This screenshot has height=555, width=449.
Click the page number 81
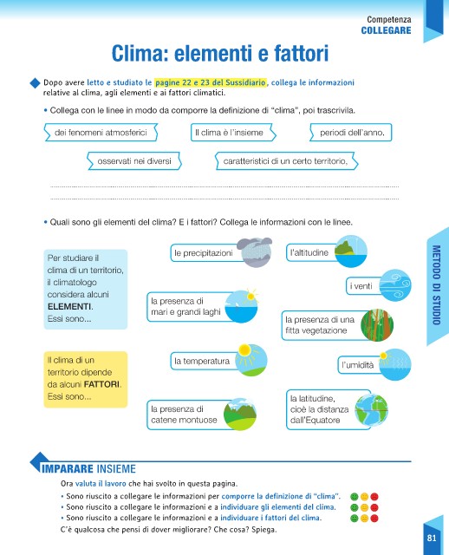(x=432, y=538)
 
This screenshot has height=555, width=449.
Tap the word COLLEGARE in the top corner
(x=386, y=30)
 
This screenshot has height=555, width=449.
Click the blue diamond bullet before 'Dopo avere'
(x=35, y=83)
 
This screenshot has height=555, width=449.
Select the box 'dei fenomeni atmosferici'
(x=101, y=133)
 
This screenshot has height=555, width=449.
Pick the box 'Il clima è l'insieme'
(x=233, y=133)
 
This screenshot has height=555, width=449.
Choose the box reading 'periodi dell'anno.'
(x=351, y=133)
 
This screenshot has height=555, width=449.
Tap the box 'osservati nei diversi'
(x=134, y=161)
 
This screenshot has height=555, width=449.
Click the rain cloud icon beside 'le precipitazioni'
(x=255, y=252)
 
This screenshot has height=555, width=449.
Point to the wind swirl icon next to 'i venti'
(x=395, y=285)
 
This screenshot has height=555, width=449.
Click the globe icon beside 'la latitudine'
(x=372, y=410)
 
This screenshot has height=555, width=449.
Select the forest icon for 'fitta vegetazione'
(x=377, y=325)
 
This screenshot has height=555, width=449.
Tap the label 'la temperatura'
(x=202, y=361)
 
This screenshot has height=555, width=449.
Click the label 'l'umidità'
(x=357, y=365)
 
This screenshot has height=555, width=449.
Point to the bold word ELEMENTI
(x=69, y=306)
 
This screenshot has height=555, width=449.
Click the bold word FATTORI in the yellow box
(x=101, y=384)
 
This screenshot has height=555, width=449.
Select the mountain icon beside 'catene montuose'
(x=240, y=415)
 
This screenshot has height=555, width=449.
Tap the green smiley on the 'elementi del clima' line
(x=355, y=507)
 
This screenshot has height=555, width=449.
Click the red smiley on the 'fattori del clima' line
(x=374, y=519)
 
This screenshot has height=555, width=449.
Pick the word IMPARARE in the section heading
(x=68, y=469)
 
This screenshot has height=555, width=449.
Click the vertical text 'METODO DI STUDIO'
(x=436, y=285)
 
